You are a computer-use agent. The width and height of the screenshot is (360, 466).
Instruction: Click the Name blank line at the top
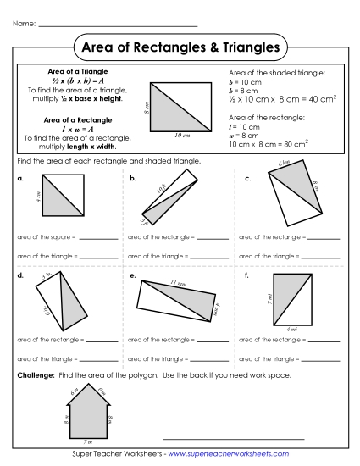[118, 25]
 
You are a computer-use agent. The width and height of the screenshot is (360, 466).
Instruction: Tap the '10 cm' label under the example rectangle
[181, 135]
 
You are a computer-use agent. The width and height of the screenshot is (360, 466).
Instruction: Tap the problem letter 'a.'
[20, 180]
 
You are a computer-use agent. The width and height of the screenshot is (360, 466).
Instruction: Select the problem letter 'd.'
[20, 276]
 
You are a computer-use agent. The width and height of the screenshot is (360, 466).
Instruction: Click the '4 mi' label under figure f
[292, 328]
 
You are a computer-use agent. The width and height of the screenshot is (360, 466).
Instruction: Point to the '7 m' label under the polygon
[86, 442]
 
